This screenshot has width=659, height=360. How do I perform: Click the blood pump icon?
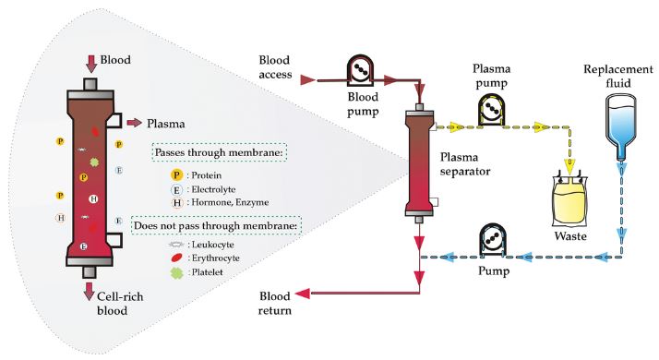point(360,70)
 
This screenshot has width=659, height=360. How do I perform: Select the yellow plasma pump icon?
point(491,109)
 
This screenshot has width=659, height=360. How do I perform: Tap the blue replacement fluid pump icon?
point(494,240)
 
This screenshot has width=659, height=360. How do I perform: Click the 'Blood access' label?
point(275,67)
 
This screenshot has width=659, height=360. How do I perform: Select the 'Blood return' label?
point(275,303)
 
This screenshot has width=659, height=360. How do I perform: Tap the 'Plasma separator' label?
point(465,164)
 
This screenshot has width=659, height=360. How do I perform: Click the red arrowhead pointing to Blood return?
point(303,294)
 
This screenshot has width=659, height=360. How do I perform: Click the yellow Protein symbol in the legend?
point(176,175)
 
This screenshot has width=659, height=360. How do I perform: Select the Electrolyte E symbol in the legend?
point(176,190)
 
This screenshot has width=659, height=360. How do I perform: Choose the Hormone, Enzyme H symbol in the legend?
point(177,203)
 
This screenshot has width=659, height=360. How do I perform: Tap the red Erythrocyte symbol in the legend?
point(177,258)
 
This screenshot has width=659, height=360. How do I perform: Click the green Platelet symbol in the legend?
point(177,273)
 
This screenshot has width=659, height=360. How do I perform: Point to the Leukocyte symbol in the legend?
point(177,245)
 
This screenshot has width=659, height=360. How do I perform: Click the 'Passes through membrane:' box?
point(219,152)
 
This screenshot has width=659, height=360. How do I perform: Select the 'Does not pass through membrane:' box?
point(216,226)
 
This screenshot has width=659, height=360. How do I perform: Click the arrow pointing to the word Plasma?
point(135,123)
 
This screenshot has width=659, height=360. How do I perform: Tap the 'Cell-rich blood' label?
point(120,303)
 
